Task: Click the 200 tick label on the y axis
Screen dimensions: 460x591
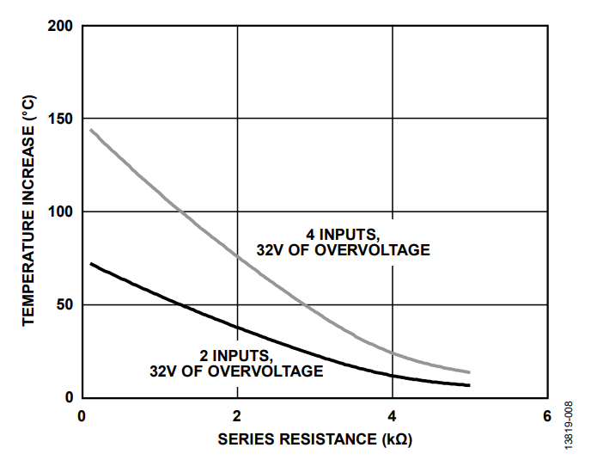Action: tap(60, 26)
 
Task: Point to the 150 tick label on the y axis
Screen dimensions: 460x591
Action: tap(60, 119)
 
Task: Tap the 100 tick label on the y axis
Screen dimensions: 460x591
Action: tap(60, 212)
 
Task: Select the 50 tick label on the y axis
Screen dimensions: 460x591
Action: tap(64, 304)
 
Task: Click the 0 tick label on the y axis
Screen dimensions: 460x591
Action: tap(69, 397)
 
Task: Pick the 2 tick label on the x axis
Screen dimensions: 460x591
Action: tap(237, 415)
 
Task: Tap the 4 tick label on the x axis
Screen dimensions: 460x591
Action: tap(393, 415)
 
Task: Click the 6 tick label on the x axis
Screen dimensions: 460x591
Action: tap(547, 415)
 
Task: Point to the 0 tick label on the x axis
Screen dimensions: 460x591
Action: tap(82, 415)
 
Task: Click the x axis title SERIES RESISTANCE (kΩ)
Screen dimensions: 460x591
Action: tap(315, 439)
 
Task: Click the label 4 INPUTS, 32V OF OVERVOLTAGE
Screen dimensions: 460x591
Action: tap(343, 242)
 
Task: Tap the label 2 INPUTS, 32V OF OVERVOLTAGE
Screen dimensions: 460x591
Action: tap(236, 364)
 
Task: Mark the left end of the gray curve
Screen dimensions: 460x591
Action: tap(90, 130)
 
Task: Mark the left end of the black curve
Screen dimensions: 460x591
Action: tap(90, 263)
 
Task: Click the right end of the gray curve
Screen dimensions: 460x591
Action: tap(470, 372)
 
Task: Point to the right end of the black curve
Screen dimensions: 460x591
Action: tap(470, 385)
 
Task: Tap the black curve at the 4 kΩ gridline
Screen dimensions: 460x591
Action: tap(393, 376)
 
